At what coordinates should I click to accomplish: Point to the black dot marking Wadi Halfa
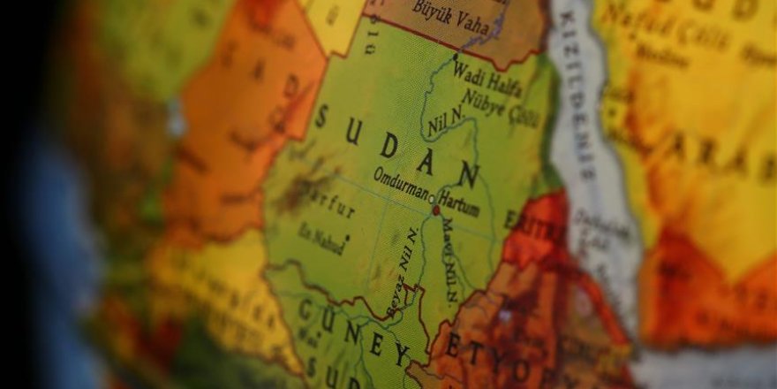tap(456, 57)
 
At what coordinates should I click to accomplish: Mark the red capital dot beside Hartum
tap(435, 210)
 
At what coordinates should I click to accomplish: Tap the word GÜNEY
tap(354, 331)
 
